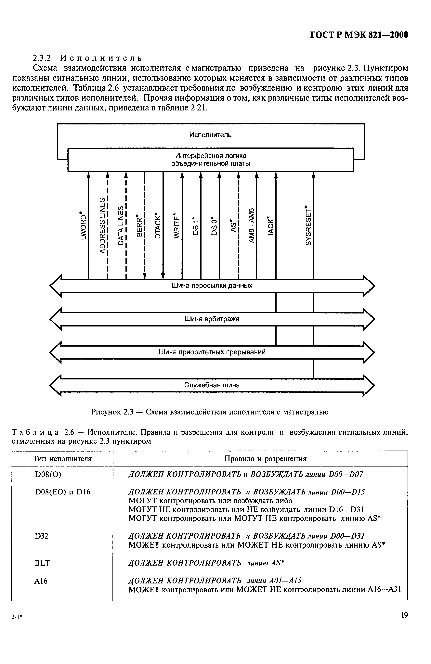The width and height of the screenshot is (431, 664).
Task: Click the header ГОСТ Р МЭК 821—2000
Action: [x=359, y=35]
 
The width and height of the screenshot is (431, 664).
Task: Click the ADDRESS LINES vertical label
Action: [x=102, y=225]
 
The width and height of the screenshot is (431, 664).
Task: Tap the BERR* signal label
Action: [x=139, y=225]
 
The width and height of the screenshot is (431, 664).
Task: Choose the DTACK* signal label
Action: [x=158, y=225]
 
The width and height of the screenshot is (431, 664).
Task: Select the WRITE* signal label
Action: [x=177, y=225]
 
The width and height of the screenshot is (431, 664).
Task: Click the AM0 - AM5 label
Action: [x=252, y=225]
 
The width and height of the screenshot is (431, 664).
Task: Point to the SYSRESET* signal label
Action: [x=308, y=225]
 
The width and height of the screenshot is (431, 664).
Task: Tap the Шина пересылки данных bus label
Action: [x=212, y=285]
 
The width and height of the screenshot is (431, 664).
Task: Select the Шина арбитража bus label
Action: [x=212, y=319]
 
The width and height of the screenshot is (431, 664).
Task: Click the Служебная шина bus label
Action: [x=212, y=385]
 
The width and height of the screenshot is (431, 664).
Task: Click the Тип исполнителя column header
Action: [x=62, y=459]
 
